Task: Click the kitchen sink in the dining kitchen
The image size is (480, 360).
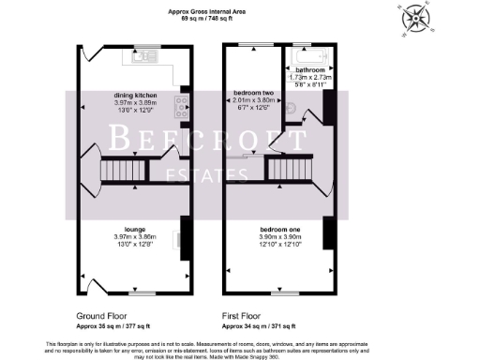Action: pyautogui.click(x=147, y=55)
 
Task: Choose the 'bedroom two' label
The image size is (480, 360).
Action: pyautogui.click(x=252, y=94)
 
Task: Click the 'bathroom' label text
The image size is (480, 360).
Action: pyautogui.click(x=310, y=70)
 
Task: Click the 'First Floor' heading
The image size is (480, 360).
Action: pyautogui.click(x=242, y=317)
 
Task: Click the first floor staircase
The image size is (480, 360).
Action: pyautogui.click(x=289, y=170)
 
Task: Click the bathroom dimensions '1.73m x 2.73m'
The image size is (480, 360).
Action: pyautogui.click(x=310, y=78)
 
